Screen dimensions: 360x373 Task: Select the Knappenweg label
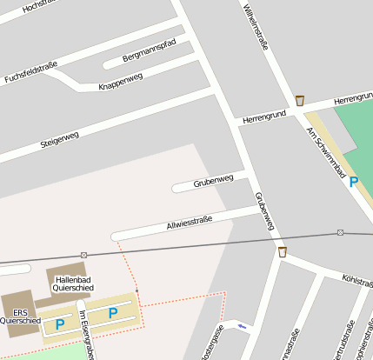click(121, 82)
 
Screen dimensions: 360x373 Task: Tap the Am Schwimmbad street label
click(325, 152)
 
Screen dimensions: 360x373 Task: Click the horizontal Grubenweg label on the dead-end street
click(214, 181)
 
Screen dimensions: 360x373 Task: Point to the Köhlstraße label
click(357, 280)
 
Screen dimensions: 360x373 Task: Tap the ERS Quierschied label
click(20, 316)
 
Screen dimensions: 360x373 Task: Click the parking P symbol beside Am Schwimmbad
click(353, 182)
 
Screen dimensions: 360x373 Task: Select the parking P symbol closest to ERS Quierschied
click(60, 323)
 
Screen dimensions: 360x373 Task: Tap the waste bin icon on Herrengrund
click(300, 101)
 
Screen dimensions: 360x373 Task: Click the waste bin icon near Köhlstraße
click(283, 252)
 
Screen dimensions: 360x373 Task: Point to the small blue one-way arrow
click(242, 326)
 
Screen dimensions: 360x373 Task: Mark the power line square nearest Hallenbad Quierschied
click(83, 255)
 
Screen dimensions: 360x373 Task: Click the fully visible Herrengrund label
click(264, 116)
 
